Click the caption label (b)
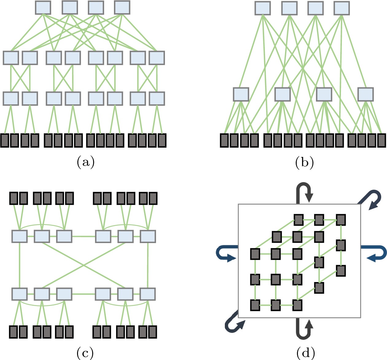click(x=304, y=162)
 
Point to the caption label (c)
click(x=85, y=353)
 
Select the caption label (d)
click(x=306, y=353)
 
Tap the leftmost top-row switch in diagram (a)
click(x=43, y=8)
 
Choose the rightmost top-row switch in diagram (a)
click(x=122, y=8)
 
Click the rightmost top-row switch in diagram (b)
click(x=342, y=8)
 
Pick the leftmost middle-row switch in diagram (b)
click(x=241, y=94)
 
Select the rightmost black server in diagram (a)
click(x=162, y=140)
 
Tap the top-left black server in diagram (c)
click(x=14, y=198)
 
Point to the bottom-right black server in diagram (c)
click(x=153, y=332)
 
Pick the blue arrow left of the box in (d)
click(x=226, y=254)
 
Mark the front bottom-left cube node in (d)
click(x=255, y=305)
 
